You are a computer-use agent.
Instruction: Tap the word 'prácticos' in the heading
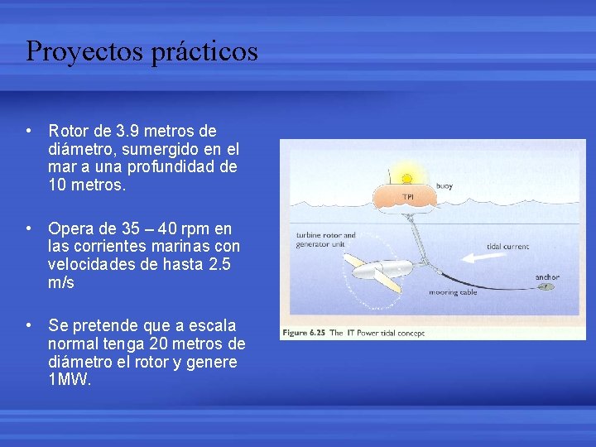(x=205, y=51)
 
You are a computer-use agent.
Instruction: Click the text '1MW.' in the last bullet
(x=70, y=381)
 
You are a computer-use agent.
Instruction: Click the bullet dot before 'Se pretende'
(x=29, y=325)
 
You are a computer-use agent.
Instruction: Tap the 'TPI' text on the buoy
(x=407, y=197)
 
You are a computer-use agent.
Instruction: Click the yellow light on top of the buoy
(x=406, y=177)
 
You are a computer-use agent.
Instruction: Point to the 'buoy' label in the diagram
(x=444, y=186)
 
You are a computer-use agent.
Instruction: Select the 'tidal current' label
(x=507, y=247)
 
